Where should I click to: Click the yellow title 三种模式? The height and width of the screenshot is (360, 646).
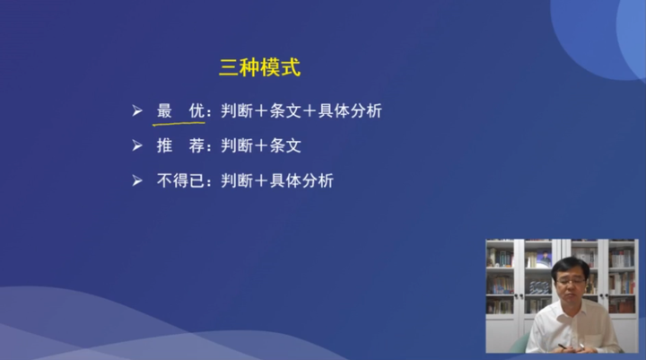[259, 67]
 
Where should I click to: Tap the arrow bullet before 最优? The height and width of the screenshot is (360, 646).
[137, 111]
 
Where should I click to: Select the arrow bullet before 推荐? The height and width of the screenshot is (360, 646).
[137, 145]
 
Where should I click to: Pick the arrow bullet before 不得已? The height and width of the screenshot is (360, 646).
[137, 180]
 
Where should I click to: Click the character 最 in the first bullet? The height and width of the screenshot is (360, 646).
[164, 111]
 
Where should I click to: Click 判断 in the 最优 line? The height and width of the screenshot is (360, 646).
[236, 111]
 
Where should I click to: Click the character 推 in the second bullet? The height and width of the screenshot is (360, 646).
[164, 145]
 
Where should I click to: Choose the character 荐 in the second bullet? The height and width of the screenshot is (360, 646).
[197, 145]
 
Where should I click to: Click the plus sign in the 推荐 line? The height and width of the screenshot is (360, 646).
[261, 145]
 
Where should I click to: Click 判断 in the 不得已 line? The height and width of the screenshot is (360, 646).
[236, 180]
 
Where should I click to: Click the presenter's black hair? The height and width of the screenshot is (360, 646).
[571, 266]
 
